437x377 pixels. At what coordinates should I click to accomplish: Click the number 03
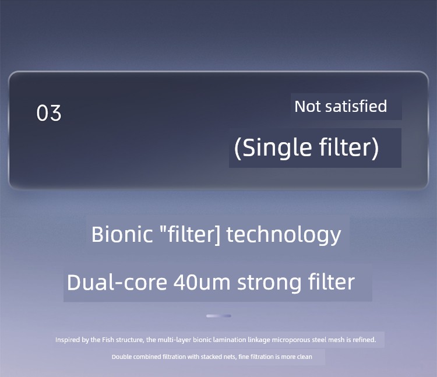pyautogui.click(x=49, y=113)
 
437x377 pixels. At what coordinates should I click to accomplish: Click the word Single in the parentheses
pyautogui.click(x=277, y=147)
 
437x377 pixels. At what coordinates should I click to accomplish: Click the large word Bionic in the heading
pyautogui.click(x=122, y=234)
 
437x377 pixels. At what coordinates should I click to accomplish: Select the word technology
pyautogui.click(x=283, y=235)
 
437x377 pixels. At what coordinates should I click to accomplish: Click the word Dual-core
pyautogui.click(x=117, y=282)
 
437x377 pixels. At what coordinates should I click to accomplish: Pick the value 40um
pyautogui.click(x=202, y=282)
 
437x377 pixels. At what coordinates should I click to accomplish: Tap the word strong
pyautogui.click(x=269, y=283)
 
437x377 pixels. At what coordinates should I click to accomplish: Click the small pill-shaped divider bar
pyautogui.click(x=218, y=316)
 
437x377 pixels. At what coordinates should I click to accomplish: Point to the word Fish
pyautogui.click(x=108, y=340)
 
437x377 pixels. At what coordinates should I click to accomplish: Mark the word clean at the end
pyautogui.click(x=304, y=357)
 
